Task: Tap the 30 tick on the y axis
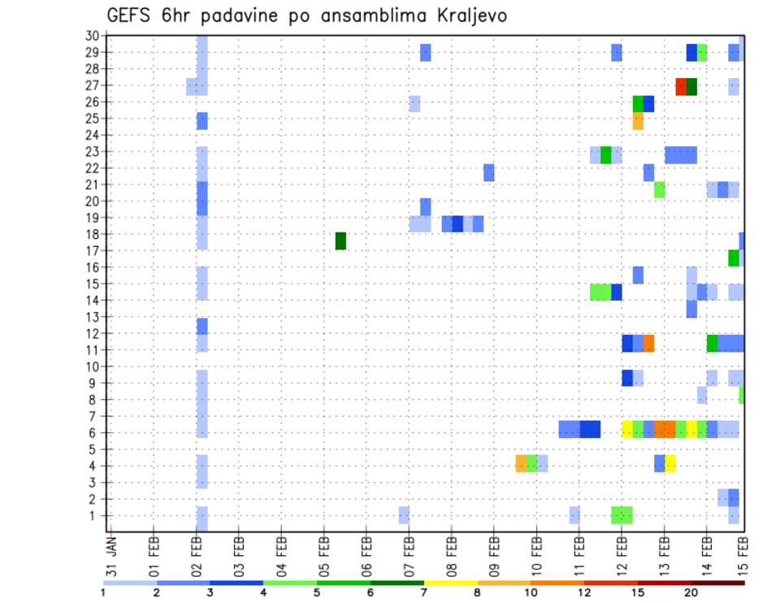[x=92, y=35]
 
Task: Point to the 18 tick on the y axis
[x=92, y=234]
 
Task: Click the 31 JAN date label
[x=111, y=556]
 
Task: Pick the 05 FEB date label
[x=323, y=556]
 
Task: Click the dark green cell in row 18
[x=340, y=241]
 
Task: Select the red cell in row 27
[x=681, y=86]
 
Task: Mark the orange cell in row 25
[x=638, y=120]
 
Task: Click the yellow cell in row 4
[x=670, y=463]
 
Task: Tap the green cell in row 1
[x=622, y=514]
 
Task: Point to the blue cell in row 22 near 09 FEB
[x=489, y=172]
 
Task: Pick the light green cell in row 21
[x=659, y=189]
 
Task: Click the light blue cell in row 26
[x=414, y=103]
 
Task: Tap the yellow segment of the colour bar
[x=450, y=583]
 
